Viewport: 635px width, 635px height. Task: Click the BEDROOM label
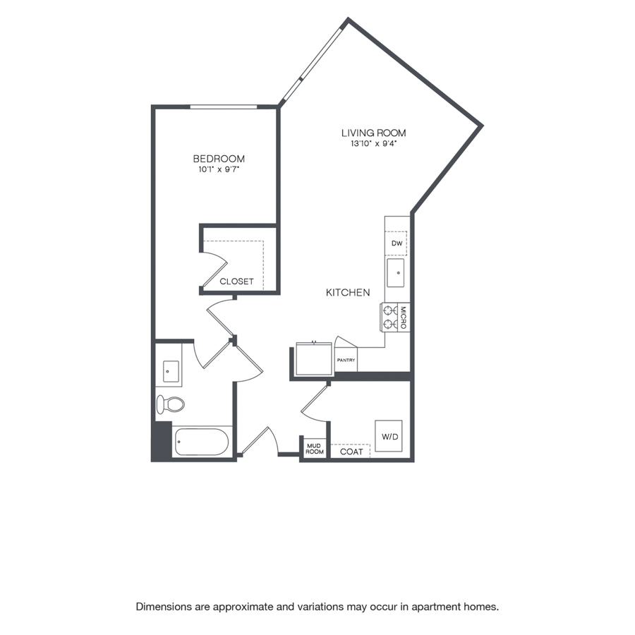pyautogui.click(x=219, y=158)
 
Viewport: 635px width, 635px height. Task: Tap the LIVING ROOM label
pyautogui.click(x=373, y=133)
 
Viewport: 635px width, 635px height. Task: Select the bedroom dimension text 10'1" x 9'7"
pyautogui.click(x=219, y=169)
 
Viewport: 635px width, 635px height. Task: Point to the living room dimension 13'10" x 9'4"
pyautogui.click(x=373, y=144)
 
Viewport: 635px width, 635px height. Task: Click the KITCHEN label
pyautogui.click(x=348, y=292)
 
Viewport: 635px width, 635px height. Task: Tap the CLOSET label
pyautogui.click(x=236, y=282)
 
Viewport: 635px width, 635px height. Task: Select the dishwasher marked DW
pyautogui.click(x=396, y=243)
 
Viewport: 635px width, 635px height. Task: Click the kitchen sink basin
pyautogui.click(x=396, y=273)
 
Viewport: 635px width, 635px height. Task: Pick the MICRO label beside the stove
pyautogui.click(x=404, y=317)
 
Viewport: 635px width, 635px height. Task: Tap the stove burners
pyautogui.click(x=390, y=317)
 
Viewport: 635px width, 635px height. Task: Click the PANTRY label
pyautogui.click(x=346, y=360)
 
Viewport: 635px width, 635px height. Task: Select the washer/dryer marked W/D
pyautogui.click(x=389, y=436)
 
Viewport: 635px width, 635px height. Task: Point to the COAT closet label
pyautogui.click(x=351, y=452)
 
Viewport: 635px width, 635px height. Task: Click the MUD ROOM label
pyautogui.click(x=314, y=449)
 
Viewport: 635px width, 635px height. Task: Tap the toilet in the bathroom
pyautogui.click(x=171, y=404)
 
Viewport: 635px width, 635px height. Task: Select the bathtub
pyautogui.click(x=202, y=442)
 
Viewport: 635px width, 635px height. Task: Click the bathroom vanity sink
pyautogui.click(x=171, y=372)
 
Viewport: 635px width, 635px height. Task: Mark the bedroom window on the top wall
pyautogui.click(x=224, y=107)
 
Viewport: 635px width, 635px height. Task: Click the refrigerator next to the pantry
pyautogui.click(x=314, y=359)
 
